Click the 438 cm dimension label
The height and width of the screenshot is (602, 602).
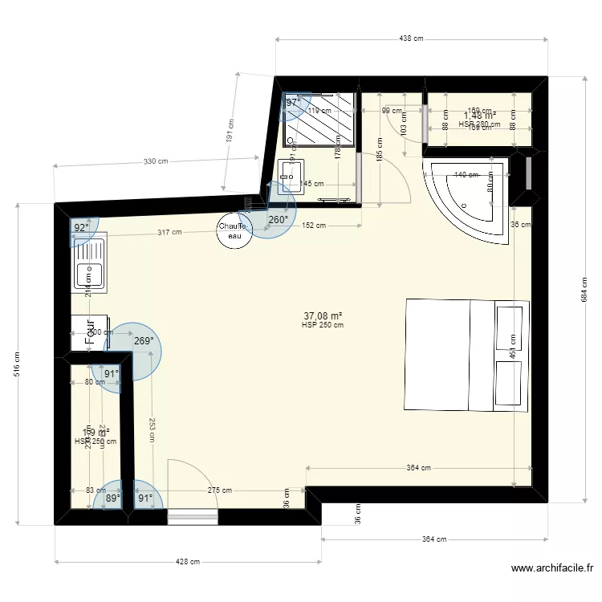pos(412,39)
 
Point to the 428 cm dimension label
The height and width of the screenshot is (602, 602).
pos(188,562)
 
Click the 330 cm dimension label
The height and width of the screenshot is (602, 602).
pos(156,161)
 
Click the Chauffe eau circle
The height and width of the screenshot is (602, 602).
pos(234,230)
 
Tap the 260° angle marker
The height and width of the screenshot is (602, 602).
pos(278,220)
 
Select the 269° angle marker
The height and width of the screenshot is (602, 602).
pos(144,341)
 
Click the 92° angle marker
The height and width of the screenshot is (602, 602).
pos(81,228)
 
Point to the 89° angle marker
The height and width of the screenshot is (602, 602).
pos(112,498)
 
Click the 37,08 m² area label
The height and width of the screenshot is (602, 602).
pos(323,316)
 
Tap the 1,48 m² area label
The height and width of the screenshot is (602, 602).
pos(480,116)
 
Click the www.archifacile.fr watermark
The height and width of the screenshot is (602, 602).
pos(552,568)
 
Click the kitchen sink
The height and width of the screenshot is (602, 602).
pos(88,264)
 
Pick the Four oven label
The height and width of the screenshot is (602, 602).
pos(90,332)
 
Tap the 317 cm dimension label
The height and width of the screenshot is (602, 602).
pos(169,233)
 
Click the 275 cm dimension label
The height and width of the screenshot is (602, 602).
pos(219,490)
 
